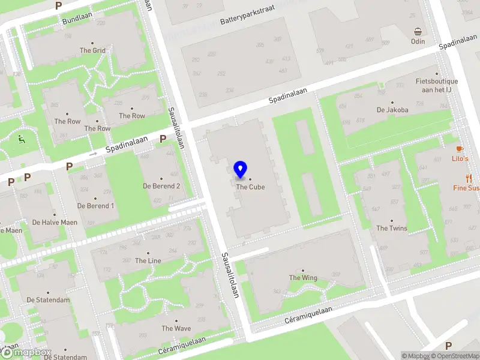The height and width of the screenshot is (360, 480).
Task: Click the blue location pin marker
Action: pos(241,170)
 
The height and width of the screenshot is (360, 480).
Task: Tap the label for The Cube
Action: pos(250,187)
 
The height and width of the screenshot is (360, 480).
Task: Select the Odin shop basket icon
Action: pos(418,32)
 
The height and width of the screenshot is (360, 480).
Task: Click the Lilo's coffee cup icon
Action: pos(460,148)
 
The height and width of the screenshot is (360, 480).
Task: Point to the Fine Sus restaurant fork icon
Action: pos(469,178)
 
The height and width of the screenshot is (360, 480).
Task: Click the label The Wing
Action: pos(303,278)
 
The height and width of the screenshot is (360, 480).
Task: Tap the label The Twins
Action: pos(391,228)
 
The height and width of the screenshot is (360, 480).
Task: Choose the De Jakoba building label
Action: pos(392,110)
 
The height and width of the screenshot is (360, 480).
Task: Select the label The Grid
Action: pos(92,50)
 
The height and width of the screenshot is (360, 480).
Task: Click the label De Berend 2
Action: pos(161,186)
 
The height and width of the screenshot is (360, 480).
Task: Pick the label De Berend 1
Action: pos(95,206)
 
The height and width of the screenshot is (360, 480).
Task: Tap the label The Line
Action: pos(148,260)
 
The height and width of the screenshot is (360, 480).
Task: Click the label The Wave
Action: pos(176,328)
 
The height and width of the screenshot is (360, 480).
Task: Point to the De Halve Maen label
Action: pos(55,222)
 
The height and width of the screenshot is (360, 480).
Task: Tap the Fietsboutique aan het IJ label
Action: pos(437,85)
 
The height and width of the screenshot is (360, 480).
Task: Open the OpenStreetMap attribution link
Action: pos(455,356)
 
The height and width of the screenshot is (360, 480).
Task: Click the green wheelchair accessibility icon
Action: pos(22,140)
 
